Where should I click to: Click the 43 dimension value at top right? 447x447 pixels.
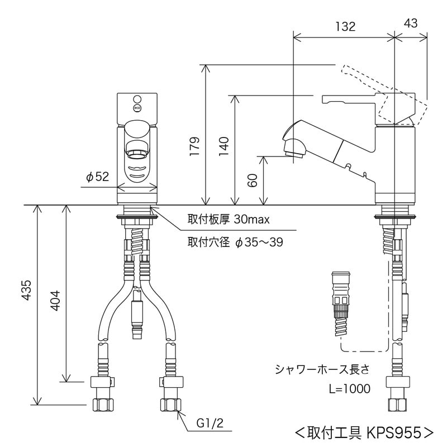point(411,23)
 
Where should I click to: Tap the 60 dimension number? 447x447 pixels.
point(253,180)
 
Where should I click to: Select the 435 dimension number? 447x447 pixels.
point(26,290)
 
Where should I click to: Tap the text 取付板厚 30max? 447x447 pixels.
point(229,220)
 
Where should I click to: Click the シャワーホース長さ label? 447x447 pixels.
point(322,369)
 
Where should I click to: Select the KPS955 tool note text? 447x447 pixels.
point(364,432)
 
